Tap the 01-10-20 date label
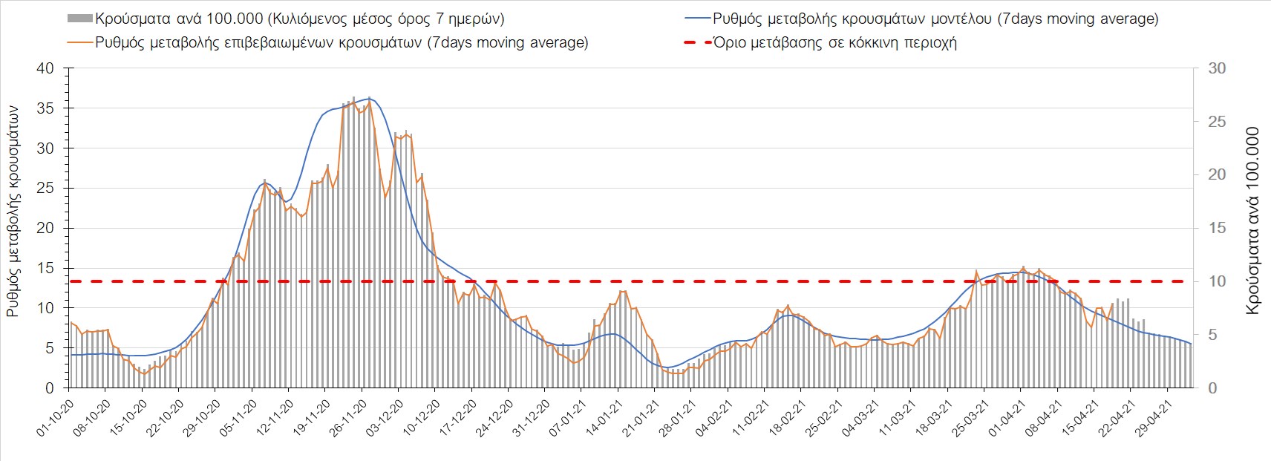55,419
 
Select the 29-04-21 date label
1154,419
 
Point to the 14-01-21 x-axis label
604,419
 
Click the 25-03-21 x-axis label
970,419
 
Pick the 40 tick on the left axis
45,68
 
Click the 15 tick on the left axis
45,268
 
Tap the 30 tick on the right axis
1217,68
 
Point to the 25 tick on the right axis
1217,122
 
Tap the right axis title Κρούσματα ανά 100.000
1252,221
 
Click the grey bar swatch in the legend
79,19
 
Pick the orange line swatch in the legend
79,42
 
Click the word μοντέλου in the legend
957,19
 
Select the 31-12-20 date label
532,419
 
